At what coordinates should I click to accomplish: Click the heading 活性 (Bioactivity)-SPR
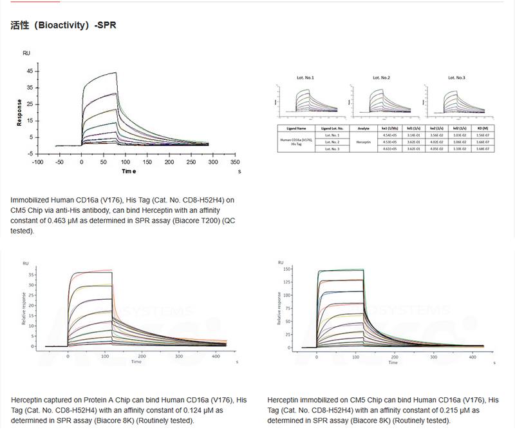click(63, 26)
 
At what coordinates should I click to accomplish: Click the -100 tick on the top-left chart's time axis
click(38, 162)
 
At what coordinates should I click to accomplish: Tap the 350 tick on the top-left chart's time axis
click(235, 162)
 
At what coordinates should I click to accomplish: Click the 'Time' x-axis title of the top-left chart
click(129, 171)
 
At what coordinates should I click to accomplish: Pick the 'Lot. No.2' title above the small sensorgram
click(381, 77)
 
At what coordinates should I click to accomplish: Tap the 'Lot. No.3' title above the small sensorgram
click(456, 77)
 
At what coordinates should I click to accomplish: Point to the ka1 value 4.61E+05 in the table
click(391, 149)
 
